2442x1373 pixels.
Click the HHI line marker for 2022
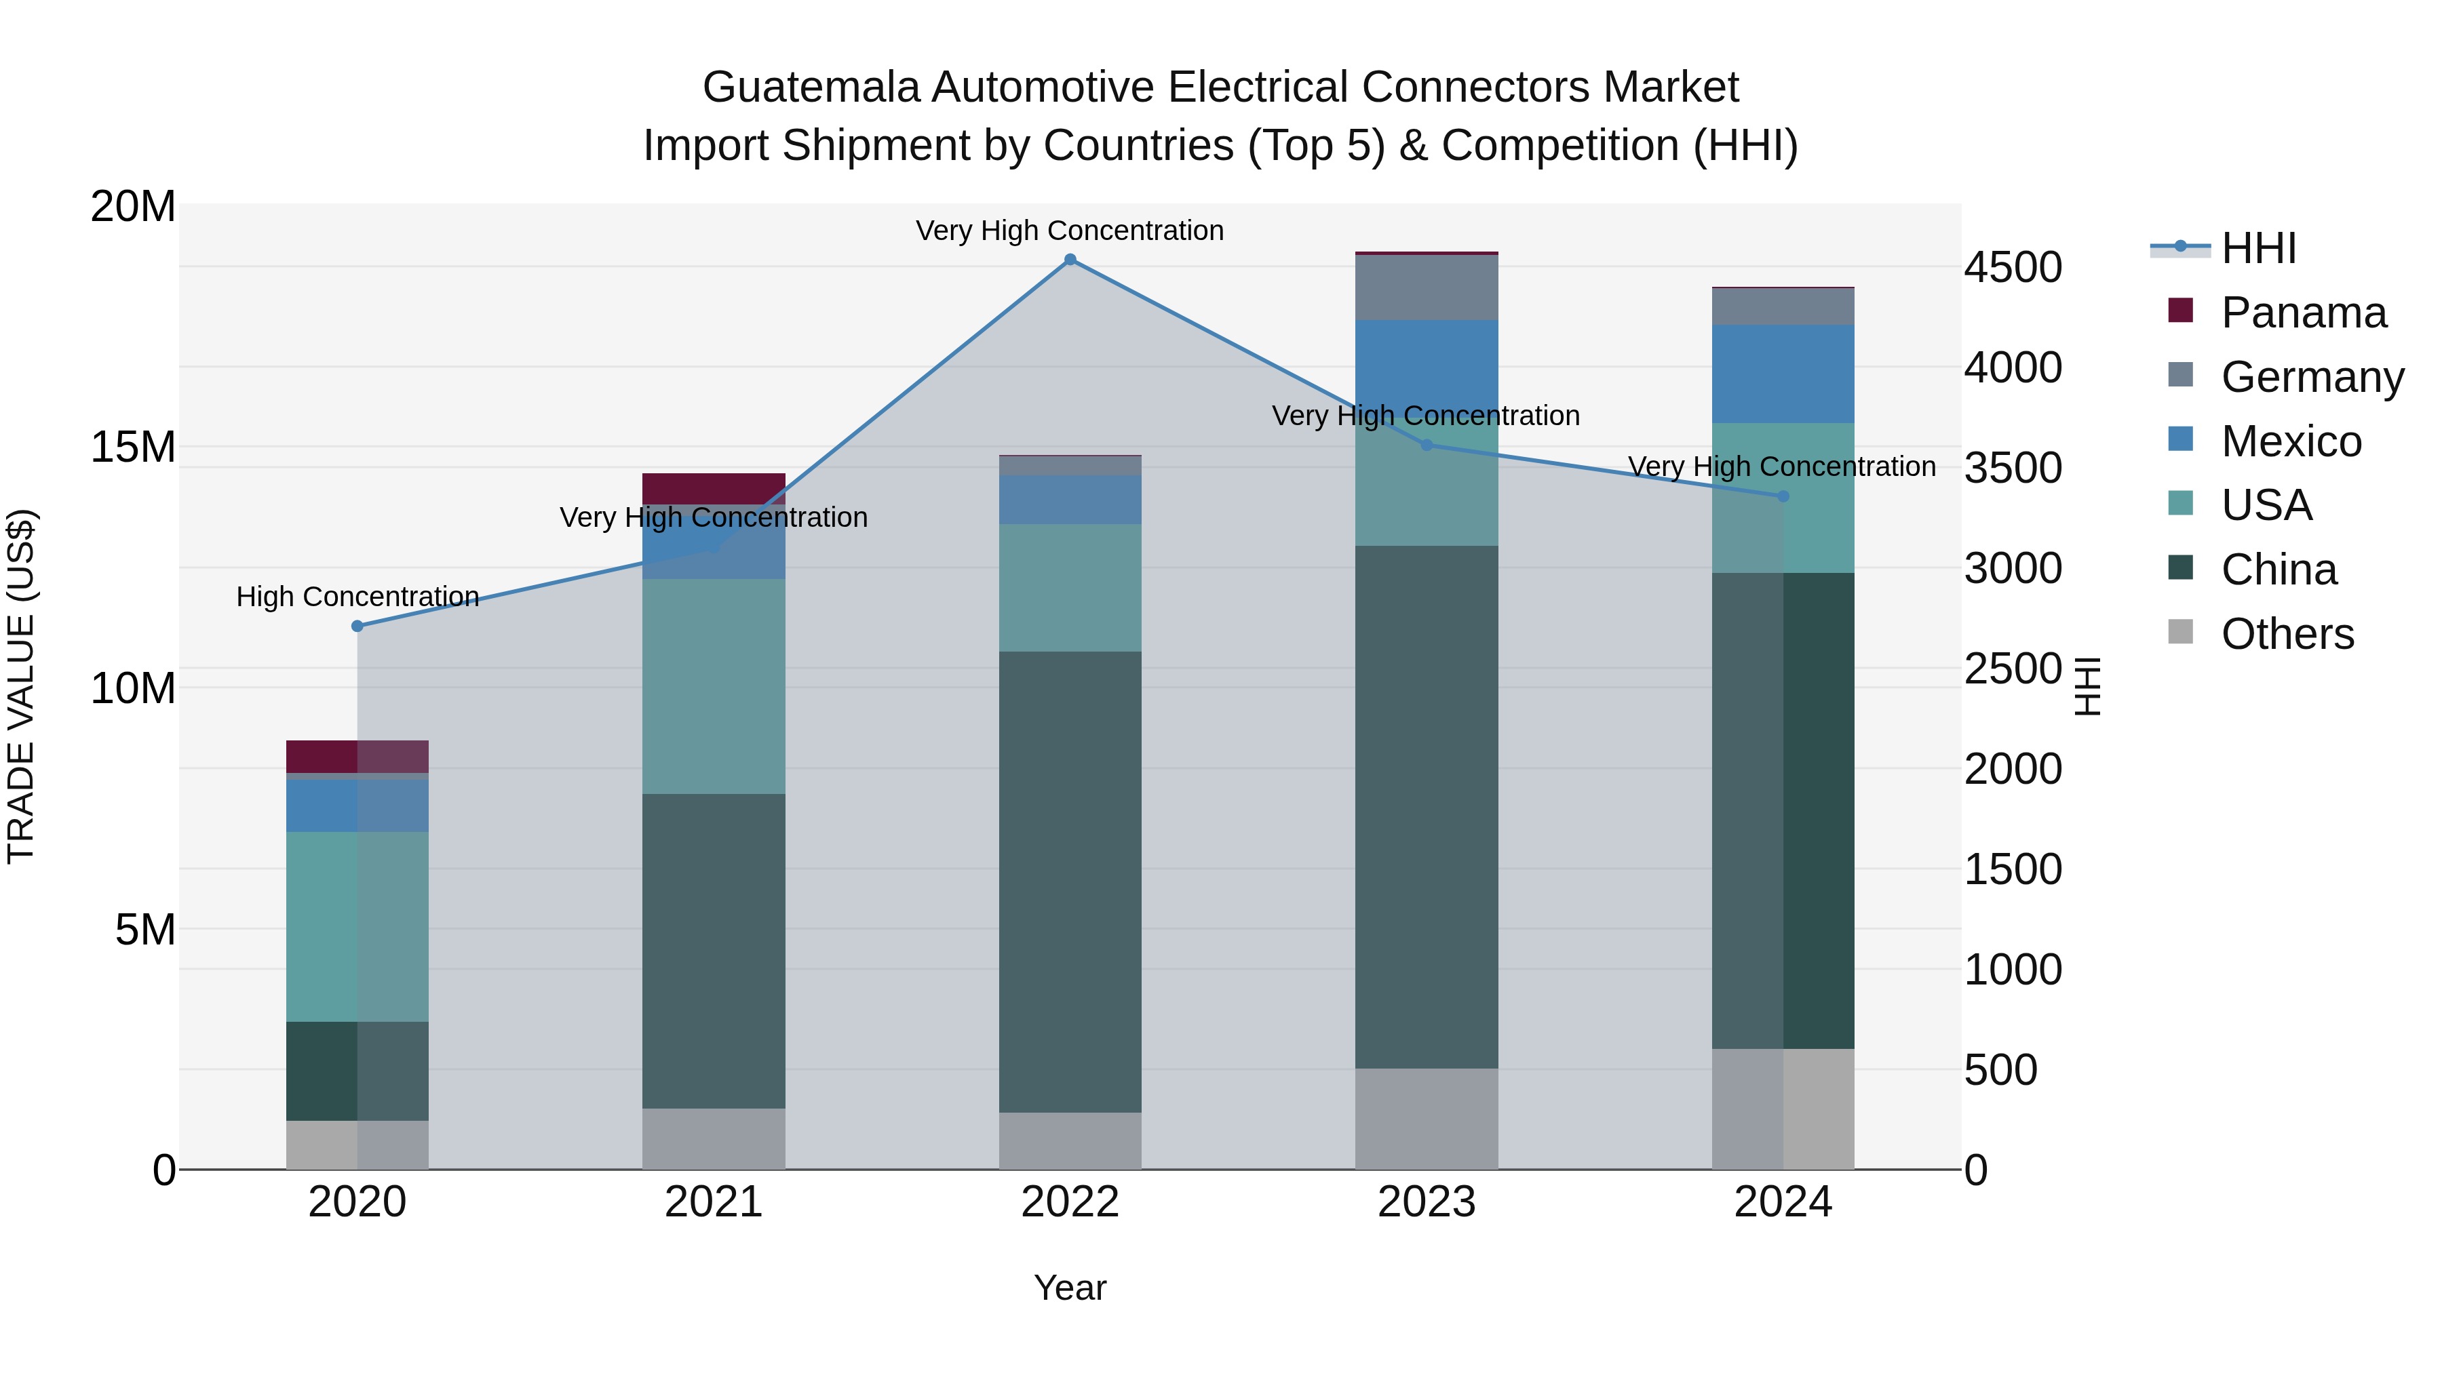click(1070, 260)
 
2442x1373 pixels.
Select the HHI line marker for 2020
click(357, 626)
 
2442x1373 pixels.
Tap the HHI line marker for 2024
click(1783, 496)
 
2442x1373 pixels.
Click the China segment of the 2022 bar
click(1070, 881)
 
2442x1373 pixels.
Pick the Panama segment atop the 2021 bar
click(714, 488)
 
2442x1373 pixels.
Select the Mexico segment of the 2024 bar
click(1783, 374)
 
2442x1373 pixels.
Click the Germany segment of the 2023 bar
click(1427, 287)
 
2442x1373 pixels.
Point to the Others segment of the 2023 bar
click(1427, 1118)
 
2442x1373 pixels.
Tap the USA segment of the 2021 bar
click(714, 686)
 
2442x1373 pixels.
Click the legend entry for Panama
click(2303, 313)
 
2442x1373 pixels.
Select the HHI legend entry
click(2258, 248)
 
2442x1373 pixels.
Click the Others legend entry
click(2287, 634)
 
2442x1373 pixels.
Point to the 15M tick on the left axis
click(133, 446)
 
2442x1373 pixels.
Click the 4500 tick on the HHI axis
click(2012, 267)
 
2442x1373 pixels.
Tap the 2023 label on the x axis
click(1427, 1202)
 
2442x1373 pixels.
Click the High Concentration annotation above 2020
click(357, 597)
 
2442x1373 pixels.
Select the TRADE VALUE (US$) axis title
click(21, 686)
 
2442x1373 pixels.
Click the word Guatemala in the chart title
click(811, 87)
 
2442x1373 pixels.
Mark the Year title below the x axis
click(1070, 1288)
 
